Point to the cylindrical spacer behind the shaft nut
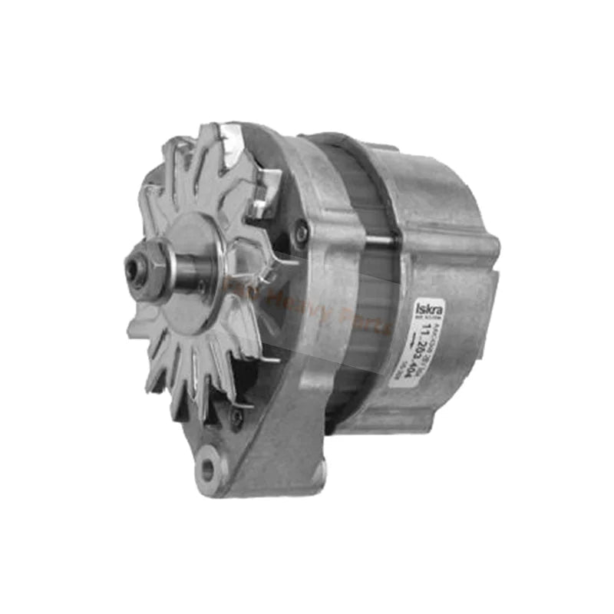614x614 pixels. [x=170, y=268]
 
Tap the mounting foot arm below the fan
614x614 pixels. [x=253, y=445]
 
